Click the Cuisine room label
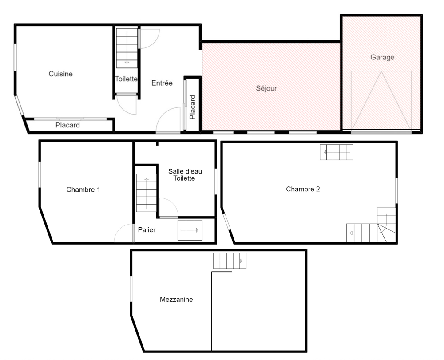60,74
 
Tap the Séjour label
266,88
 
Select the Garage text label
382,57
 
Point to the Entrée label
162,83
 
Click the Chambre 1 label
83,190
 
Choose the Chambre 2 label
303,189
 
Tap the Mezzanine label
176,300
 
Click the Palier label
147,230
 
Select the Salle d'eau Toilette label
185,174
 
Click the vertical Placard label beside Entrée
193,107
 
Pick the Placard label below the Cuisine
67,125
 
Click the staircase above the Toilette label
127,48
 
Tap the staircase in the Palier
190,230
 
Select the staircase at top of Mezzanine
230,261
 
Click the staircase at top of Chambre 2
337,152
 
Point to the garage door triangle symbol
381,100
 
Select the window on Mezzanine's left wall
131,289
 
